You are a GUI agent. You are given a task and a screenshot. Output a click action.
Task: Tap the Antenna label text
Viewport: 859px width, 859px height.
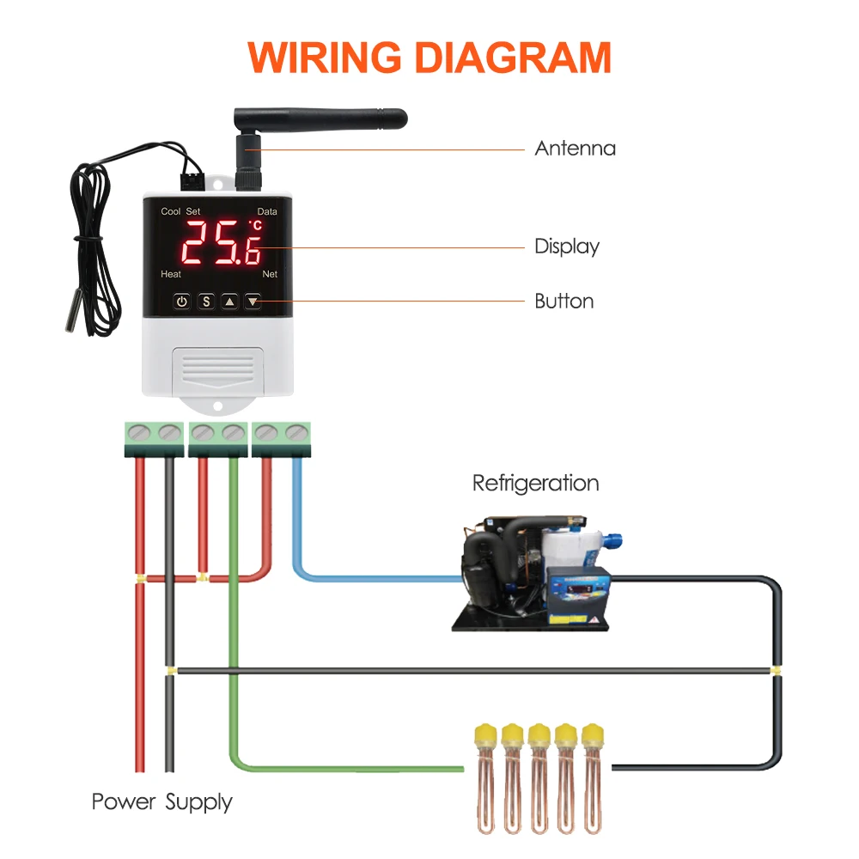coord(575,149)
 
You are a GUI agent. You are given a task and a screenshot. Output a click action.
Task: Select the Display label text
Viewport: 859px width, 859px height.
coord(567,247)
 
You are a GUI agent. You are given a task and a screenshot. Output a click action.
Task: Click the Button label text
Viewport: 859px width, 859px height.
coord(564,302)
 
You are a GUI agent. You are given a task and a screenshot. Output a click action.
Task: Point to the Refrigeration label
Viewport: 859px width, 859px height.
coord(535,484)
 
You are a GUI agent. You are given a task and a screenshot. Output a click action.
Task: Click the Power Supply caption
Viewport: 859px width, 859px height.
coord(162,802)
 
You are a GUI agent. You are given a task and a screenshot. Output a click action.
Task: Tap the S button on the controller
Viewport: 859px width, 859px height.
coord(206,302)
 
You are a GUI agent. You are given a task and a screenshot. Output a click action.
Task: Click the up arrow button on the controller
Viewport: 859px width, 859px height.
coord(229,302)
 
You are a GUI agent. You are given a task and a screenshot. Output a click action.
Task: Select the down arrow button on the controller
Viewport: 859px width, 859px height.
coord(253,302)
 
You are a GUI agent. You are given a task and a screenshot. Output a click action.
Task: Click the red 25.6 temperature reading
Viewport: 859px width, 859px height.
coord(222,243)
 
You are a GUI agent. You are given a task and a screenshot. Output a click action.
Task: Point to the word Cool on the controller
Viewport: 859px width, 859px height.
coord(170,211)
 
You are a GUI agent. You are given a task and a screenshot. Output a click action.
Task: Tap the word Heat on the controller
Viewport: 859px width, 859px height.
coord(171,274)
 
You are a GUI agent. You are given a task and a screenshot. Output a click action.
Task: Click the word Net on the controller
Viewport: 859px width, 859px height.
coord(270,274)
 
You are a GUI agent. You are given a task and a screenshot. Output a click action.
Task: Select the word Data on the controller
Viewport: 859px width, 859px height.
coord(267,211)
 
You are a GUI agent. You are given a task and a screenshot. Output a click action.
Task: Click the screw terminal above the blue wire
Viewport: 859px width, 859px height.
coord(297,433)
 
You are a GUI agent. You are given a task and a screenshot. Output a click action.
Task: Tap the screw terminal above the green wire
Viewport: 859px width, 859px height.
coord(234,433)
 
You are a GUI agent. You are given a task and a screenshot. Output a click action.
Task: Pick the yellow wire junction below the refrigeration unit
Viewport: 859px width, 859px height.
coord(775,670)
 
